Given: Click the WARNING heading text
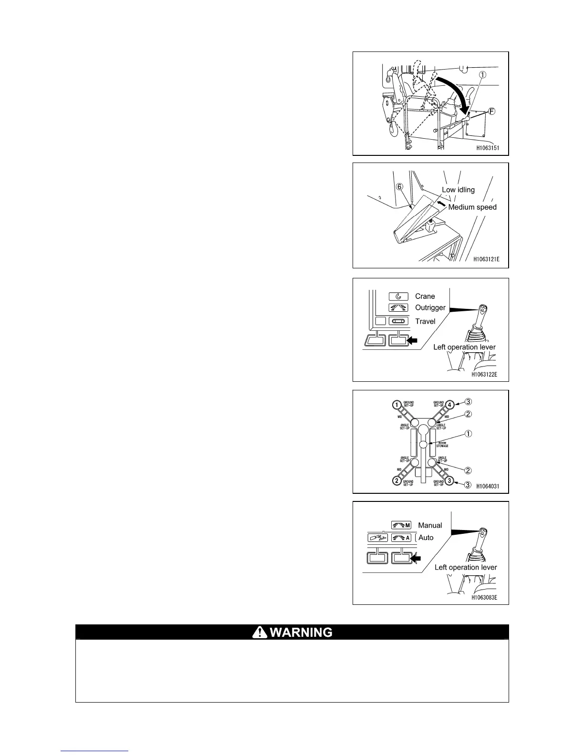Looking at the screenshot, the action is click(301, 633).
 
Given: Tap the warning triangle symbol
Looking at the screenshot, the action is click(259, 633).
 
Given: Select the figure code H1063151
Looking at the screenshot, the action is click(487, 148).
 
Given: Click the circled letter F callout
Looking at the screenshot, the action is click(491, 112).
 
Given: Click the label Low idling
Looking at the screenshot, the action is click(458, 190).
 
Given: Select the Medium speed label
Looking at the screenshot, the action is click(472, 207).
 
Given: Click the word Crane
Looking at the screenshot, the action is click(425, 296).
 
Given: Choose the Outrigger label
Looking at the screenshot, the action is click(430, 307).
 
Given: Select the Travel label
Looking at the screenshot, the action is click(425, 321).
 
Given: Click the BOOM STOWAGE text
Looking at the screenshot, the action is click(443, 444).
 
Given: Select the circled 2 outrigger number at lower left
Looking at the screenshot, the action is click(397, 481).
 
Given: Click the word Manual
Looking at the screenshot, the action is click(430, 525).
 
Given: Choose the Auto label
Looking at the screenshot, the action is click(426, 538).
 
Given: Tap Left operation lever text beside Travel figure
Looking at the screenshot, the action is click(464, 347).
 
